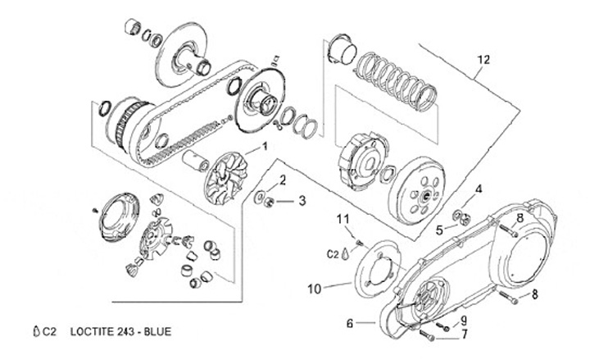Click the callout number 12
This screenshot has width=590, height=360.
pos(484,60)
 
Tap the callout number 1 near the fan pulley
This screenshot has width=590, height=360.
pos(265,146)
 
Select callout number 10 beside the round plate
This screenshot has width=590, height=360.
pos(315,289)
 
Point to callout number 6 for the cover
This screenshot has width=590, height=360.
pos(350,323)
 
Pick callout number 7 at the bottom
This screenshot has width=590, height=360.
pos(465,334)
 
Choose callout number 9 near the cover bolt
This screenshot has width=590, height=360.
pos(464,321)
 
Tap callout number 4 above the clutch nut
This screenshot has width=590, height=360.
pos(479,189)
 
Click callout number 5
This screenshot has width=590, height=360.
pos(439,230)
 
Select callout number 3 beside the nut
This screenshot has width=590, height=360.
pos(302,201)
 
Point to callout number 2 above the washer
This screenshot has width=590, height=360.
pos(283,180)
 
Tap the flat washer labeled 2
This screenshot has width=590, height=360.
pos(259,198)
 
